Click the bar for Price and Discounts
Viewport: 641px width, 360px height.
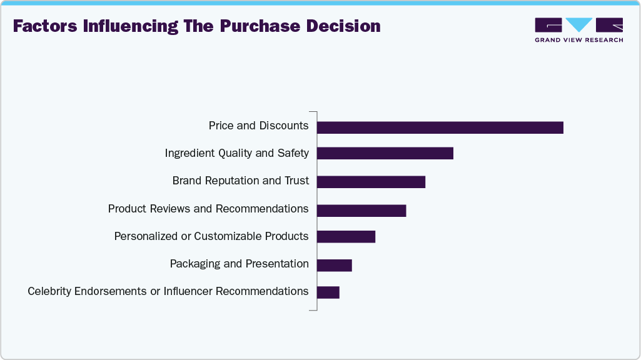[x=440, y=127]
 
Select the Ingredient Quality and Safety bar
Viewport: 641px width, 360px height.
[x=385, y=153]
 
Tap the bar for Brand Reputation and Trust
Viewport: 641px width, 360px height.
[x=371, y=182]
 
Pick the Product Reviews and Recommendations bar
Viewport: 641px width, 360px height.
[x=361, y=211]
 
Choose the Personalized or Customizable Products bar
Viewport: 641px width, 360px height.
[x=346, y=236]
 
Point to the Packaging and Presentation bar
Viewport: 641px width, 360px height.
[x=334, y=265]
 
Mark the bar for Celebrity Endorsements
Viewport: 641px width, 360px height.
[x=328, y=292]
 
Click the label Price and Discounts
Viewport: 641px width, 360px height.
[x=258, y=126]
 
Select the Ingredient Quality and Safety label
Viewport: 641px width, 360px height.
[x=236, y=153]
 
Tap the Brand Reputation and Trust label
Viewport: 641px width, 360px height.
[x=240, y=181]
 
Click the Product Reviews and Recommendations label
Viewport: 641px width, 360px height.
[x=208, y=209]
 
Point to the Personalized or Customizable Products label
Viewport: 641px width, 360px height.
[x=211, y=236]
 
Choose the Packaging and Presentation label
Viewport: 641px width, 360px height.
[x=239, y=264]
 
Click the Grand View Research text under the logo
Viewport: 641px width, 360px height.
[x=578, y=40]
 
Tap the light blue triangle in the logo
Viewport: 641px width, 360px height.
[x=578, y=25]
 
